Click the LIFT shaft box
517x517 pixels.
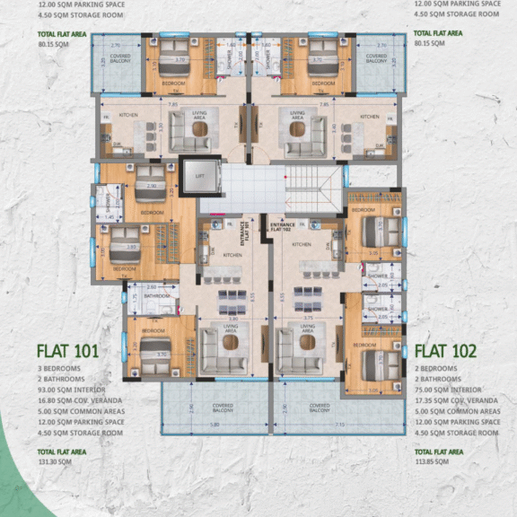coord(198,177)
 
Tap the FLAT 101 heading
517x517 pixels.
coord(67,350)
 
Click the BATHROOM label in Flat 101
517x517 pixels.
coord(157,295)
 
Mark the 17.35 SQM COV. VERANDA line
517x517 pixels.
coord(458,401)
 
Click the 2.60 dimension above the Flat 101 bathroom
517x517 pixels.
coord(151,286)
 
